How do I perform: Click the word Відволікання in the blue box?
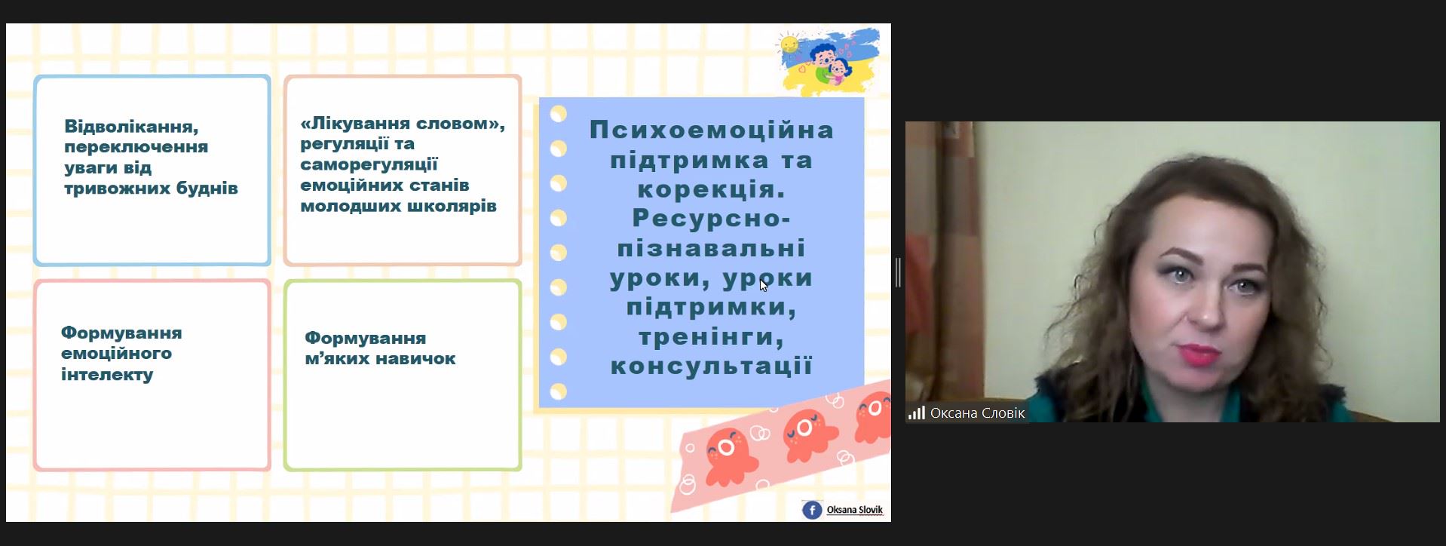(x=131, y=127)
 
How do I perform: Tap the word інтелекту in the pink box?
(x=107, y=374)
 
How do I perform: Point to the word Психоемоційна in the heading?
(x=712, y=130)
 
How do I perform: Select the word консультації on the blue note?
(x=712, y=367)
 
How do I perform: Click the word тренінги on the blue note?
(x=712, y=337)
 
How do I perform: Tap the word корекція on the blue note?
(x=712, y=189)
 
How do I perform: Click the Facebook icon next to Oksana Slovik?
(x=812, y=511)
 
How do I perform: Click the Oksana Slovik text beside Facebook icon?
(x=854, y=510)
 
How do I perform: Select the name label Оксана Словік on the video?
(x=977, y=413)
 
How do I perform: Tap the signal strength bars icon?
(x=917, y=413)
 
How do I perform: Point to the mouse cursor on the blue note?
(x=764, y=285)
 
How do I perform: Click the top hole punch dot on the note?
(x=559, y=114)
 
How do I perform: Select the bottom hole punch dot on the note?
(x=559, y=391)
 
